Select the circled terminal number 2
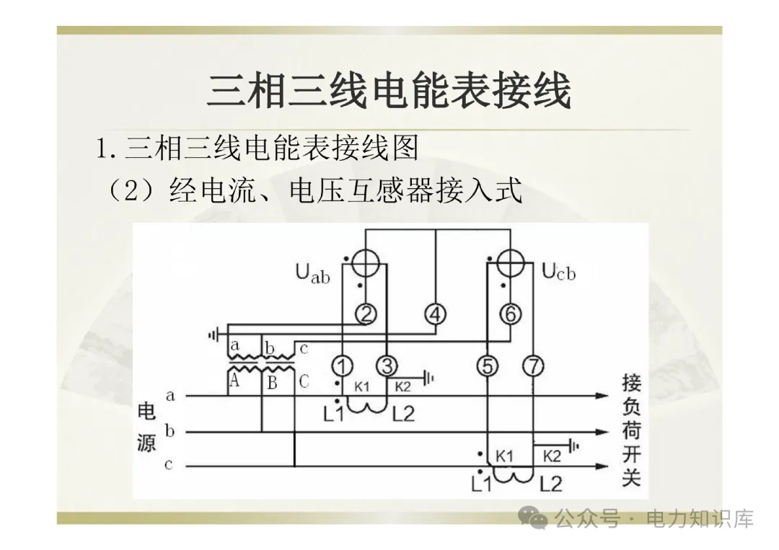point(366,314)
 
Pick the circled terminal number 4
point(436,314)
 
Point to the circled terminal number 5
point(488,366)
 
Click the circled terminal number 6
point(510,314)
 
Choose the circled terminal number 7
point(532,366)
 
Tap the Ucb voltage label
point(558,272)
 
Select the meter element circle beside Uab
point(366,264)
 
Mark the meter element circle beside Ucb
point(510,262)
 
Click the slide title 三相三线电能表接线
point(389,92)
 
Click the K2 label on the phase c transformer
point(552,456)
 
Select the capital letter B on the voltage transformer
point(272,382)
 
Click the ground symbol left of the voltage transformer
point(214,334)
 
